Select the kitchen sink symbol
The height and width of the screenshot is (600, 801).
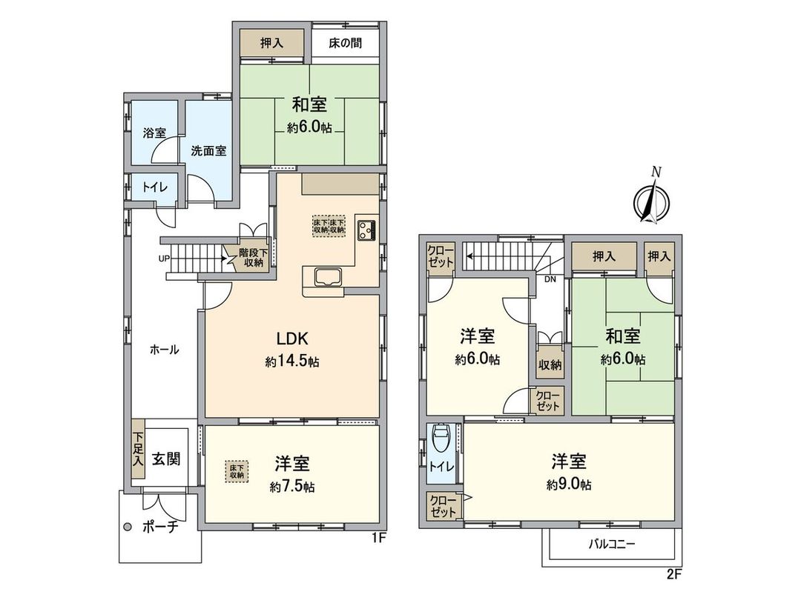pyautogui.click(x=326, y=277)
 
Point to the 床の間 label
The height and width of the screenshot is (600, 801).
pyautogui.click(x=346, y=43)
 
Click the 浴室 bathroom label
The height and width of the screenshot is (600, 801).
pyautogui.click(x=154, y=133)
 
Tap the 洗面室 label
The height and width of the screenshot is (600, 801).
pyautogui.click(x=208, y=150)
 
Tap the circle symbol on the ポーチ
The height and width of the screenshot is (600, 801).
pyautogui.click(x=127, y=527)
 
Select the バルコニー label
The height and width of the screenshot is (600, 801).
pyautogui.click(x=612, y=545)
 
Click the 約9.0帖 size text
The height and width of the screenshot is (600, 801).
pyautogui.click(x=569, y=485)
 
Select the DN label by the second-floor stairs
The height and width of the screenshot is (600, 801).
pyautogui.click(x=550, y=279)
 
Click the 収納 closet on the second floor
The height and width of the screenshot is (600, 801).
pyautogui.click(x=550, y=364)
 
